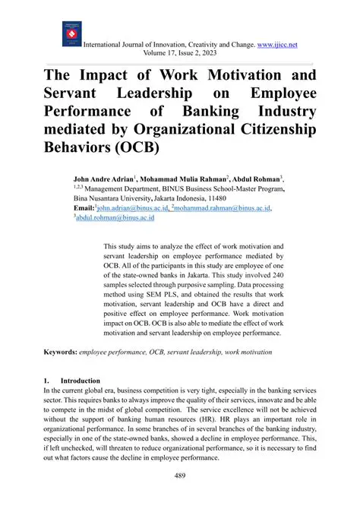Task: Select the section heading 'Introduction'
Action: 80,380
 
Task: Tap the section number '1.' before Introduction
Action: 47,380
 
